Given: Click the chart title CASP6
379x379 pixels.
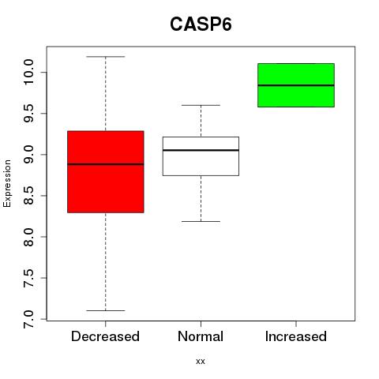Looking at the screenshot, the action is coord(201,24).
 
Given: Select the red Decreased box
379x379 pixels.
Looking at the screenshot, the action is coord(106,171).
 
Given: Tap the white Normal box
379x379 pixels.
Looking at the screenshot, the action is coord(201,156).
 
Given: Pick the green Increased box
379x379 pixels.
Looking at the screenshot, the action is coord(296,85).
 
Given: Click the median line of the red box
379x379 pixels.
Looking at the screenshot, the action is coord(106,164).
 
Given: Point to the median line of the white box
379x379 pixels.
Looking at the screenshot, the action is coord(201,150).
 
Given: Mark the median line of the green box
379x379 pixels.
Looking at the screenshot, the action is coord(296,85).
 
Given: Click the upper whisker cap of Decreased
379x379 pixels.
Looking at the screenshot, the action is coord(106,57).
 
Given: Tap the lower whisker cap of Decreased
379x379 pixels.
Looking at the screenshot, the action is coord(106,310).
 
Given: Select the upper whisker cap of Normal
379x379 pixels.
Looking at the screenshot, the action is coord(201,105).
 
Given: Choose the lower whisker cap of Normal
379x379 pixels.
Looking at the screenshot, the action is coord(201,221).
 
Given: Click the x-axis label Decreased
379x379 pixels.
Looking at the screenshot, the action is coord(105,336).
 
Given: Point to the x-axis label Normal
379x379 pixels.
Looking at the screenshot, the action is coord(201,336).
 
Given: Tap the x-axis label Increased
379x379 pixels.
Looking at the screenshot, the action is coord(296,336).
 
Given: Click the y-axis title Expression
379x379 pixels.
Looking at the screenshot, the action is coord(7,183).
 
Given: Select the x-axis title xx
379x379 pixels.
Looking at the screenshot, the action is coord(201,362).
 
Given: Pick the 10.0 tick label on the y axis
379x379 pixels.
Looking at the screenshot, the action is coord(28,72).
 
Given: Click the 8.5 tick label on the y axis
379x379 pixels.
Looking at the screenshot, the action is coord(28,196).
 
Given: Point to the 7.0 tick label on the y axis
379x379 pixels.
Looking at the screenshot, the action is coord(28,319).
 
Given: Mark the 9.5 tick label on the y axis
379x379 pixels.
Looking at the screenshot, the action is coord(28,113).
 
